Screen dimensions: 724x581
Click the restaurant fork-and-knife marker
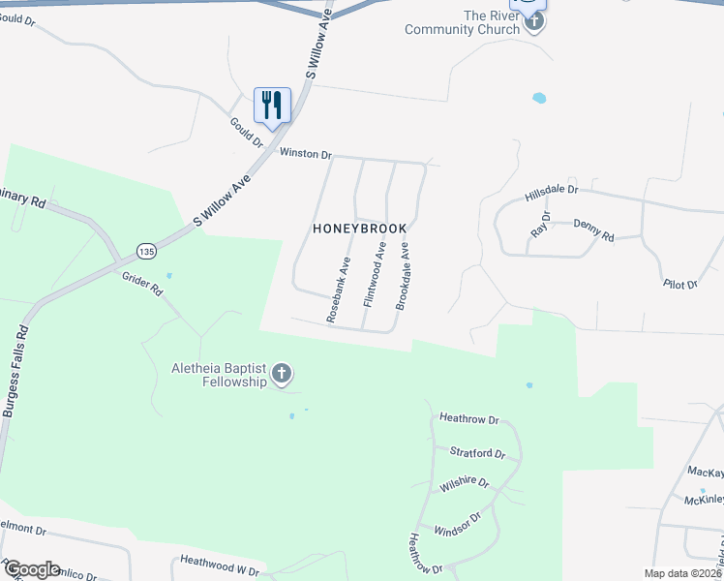point(272,104)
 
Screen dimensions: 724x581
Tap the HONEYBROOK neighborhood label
point(359,229)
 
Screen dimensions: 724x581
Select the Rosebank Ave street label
point(338,289)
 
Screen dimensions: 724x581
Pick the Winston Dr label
point(306,154)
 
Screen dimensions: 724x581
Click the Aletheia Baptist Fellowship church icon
point(282,374)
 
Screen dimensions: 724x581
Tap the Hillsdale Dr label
point(551,194)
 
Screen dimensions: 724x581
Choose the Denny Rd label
point(593,229)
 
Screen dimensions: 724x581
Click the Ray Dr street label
point(540,225)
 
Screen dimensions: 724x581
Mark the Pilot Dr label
point(680,285)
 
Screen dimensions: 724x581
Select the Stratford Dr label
point(477,452)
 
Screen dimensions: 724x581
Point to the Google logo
point(32,569)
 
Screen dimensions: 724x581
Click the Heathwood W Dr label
point(221,566)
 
